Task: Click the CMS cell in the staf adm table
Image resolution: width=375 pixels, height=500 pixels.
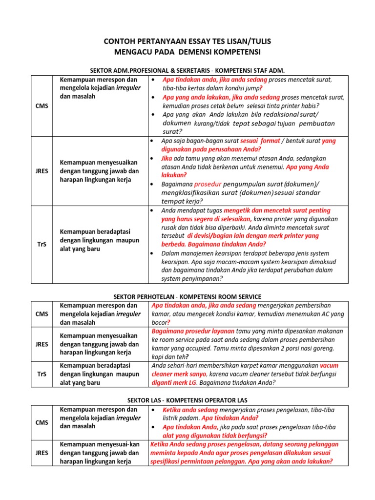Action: pos(42,106)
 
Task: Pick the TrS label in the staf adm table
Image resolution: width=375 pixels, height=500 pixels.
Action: pos(42,244)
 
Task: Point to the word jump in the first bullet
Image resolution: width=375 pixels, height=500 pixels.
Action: pos(250,88)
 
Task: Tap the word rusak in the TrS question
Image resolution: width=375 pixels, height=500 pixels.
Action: pos(170,227)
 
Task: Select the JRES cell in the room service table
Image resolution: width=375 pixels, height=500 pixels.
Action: pos(42,344)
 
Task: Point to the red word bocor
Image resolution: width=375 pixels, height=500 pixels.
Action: pos(159,323)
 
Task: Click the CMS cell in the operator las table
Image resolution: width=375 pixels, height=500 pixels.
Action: pos(42,422)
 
